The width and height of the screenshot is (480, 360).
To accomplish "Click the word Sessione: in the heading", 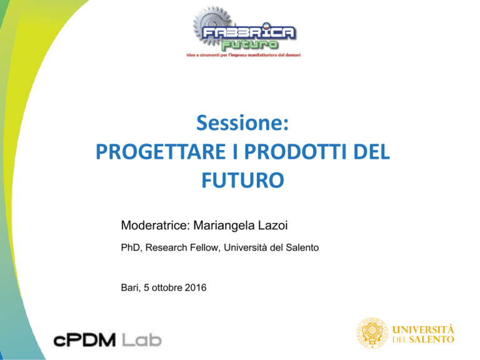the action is (242, 122).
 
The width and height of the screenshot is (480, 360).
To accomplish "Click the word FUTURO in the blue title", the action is (242, 180).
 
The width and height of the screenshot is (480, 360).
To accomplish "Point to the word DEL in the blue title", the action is (372, 152).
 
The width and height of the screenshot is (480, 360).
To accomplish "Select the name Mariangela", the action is (224, 226).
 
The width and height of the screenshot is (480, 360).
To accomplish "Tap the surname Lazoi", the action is (273, 225).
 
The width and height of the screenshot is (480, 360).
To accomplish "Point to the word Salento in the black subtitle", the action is (302, 247).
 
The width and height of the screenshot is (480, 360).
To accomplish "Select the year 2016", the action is (196, 287).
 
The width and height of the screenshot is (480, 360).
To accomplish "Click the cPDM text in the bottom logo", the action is (84, 341).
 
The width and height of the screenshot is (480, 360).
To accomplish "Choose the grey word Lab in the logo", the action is (142, 341).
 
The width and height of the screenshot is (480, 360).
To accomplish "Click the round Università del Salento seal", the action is (372, 332).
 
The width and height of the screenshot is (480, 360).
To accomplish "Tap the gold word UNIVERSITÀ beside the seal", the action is (423, 330).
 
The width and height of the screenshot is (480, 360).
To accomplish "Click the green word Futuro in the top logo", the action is (249, 45).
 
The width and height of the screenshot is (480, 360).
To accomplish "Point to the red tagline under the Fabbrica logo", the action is (244, 55).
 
